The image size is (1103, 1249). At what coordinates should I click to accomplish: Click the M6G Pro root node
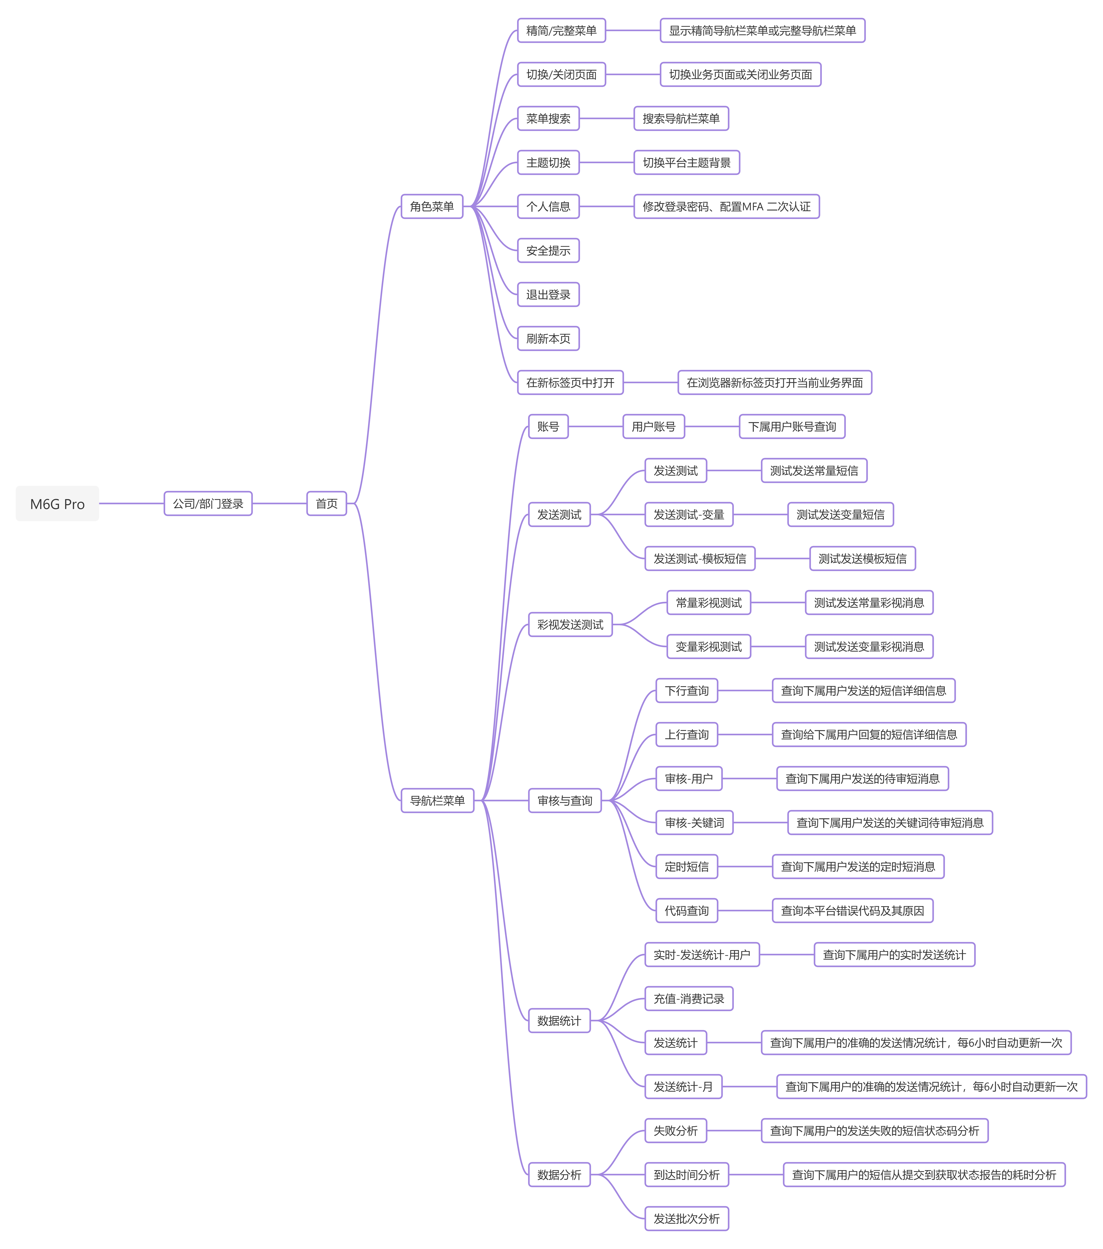coord(57,504)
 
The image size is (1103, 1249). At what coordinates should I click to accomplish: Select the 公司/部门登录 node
coord(208,504)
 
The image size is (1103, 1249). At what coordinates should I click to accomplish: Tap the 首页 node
coord(326,504)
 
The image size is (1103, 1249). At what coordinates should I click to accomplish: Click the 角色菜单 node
coord(432,206)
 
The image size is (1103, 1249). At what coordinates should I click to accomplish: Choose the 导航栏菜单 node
coord(437,800)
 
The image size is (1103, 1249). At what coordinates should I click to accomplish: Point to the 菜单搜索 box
coord(548,119)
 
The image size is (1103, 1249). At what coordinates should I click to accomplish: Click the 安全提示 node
coord(548,251)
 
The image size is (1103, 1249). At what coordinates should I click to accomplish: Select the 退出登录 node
coord(548,294)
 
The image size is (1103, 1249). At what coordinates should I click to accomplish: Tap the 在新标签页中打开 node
coord(570,382)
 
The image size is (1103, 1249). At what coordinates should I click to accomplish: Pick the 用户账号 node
coord(654,427)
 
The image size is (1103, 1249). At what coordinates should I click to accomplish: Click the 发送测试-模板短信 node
coord(700,559)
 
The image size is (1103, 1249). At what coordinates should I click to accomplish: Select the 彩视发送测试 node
coord(570,624)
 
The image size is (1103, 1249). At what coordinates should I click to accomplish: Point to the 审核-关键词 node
coord(695,822)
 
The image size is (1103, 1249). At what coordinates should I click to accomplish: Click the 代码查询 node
coord(687,910)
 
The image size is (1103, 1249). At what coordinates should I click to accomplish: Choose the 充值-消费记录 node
coord(689,998)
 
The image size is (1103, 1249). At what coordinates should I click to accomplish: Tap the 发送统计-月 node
coord(684,1086)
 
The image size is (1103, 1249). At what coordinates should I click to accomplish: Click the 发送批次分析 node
coord(687,1218)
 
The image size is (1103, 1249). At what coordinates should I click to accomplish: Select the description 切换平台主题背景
coord(687,163)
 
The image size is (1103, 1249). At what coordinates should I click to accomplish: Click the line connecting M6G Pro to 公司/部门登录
coord(132,504)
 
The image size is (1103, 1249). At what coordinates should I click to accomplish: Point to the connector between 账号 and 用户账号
coord(596,427)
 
